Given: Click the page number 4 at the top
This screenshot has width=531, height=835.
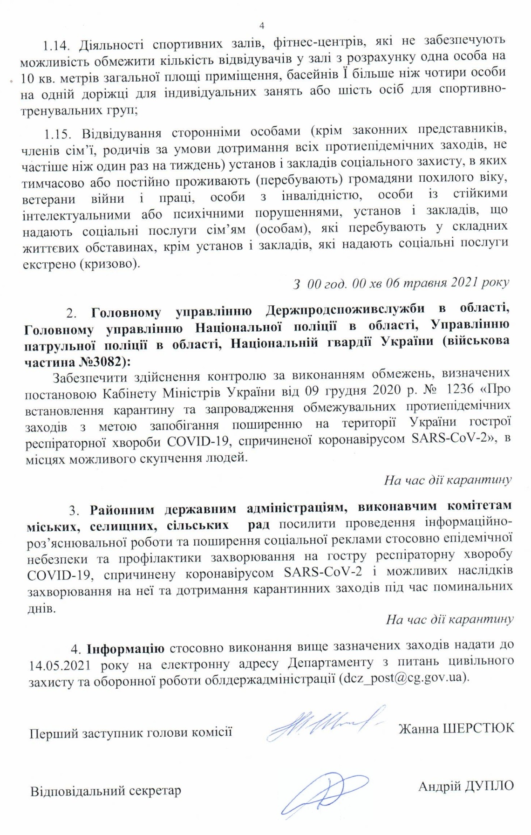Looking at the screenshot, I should (x=261, y=26).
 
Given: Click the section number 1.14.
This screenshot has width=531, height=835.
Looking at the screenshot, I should (x=56, y=46).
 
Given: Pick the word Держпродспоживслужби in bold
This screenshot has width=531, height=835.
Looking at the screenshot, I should (x=346, y=310).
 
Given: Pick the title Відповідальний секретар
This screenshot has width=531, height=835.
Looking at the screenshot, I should (x=106, y=791).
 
